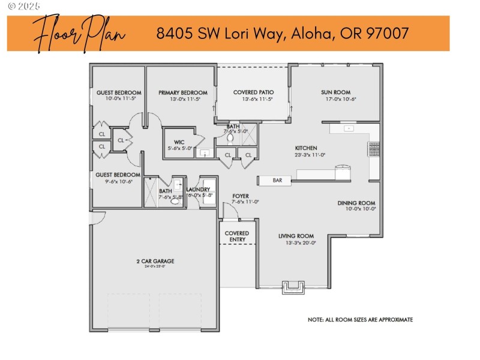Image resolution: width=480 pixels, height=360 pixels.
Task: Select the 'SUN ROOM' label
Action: (x=335, y=92)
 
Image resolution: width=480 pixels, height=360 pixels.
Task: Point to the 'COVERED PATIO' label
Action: (x=253, y=92)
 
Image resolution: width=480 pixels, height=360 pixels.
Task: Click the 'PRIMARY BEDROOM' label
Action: (x=183, y=92)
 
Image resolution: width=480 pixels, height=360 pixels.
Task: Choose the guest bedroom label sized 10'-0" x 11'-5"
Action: (x=119, y=92)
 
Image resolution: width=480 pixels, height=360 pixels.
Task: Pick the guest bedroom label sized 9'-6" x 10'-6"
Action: (x=118, y=175)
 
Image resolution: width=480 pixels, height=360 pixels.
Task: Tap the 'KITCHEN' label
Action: (x=305, y=148)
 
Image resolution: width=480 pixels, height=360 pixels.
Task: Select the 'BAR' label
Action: (x=277, y=180)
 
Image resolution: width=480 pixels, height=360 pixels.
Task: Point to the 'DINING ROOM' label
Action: (x=356, y=203)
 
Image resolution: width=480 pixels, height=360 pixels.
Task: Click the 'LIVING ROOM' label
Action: (x=296, y=236)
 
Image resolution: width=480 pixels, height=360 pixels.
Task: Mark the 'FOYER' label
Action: (x=241, y=196)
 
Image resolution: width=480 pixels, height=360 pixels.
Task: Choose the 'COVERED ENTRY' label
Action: (x=237, y=236)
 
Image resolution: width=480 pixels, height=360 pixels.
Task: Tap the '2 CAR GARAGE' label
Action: (x=155, y=261)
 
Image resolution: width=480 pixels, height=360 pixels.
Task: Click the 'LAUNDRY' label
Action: (x=198, y=190)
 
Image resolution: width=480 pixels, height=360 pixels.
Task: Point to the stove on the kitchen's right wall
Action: (x=374, y=149)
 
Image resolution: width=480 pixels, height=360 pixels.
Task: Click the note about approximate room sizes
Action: (x=360, y=320)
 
